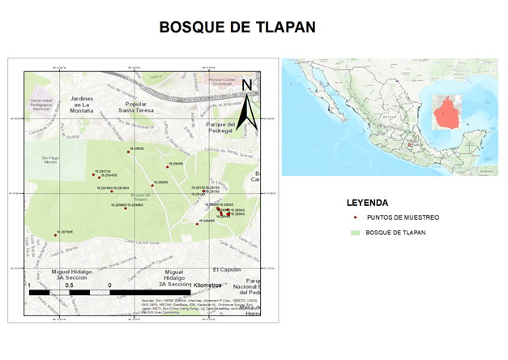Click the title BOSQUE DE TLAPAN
point(237,27)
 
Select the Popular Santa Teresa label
point(134,107)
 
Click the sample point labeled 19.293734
point(95,174)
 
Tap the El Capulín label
point(227,268)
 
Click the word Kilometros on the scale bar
point(207,285)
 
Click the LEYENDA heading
point(367,202)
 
